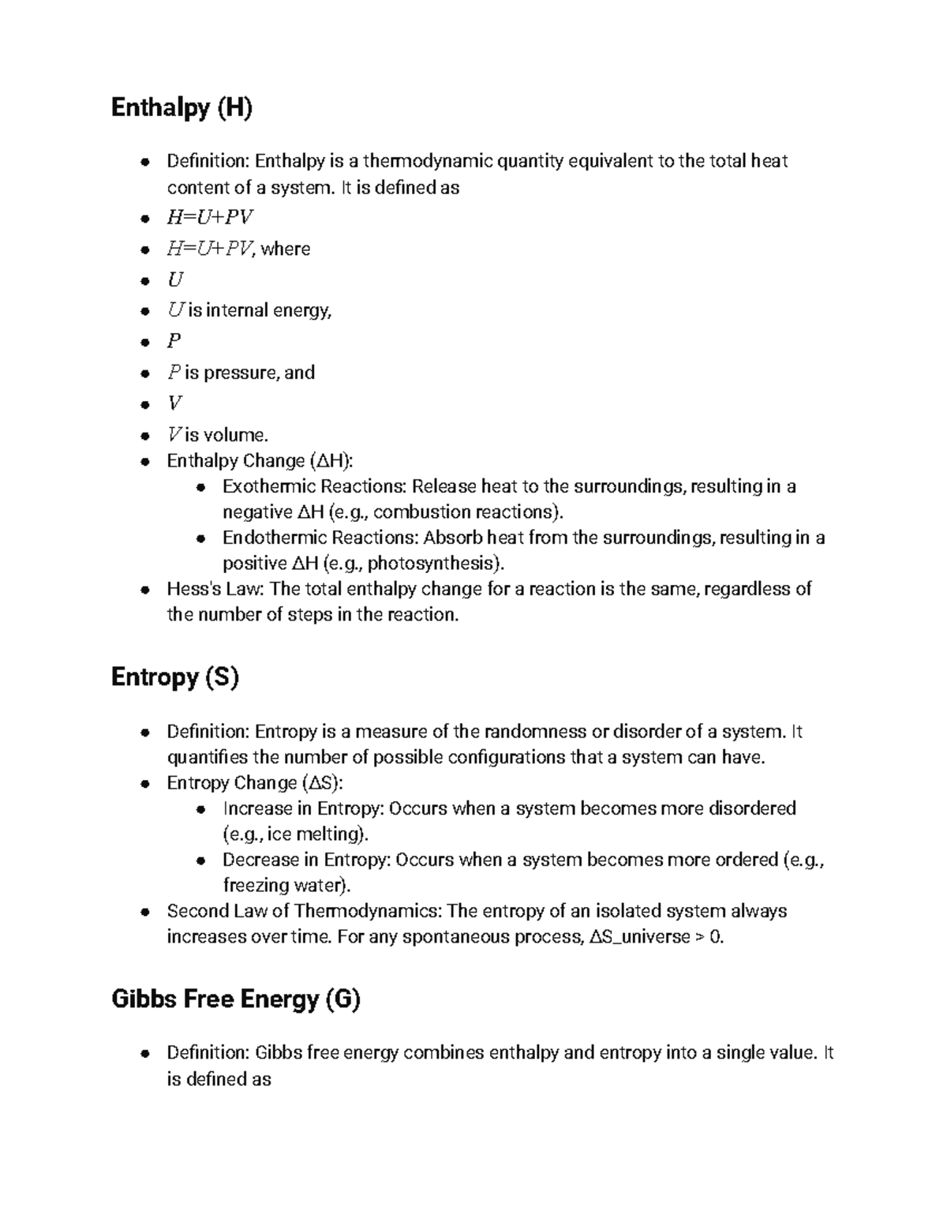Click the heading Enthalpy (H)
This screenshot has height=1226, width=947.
182,107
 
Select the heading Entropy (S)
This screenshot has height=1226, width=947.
174,677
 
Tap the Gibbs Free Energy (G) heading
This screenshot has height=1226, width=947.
235,999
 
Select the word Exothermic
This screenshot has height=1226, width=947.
267,486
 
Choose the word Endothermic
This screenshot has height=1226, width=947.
271,538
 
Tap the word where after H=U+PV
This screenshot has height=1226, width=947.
285,249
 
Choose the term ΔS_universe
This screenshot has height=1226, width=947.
640,938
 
